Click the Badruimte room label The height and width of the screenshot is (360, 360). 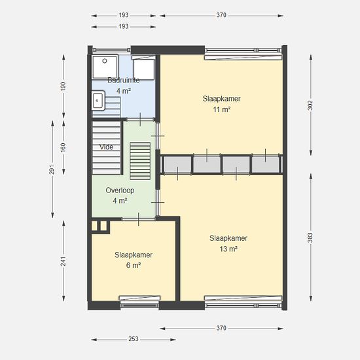(x=124, y=81)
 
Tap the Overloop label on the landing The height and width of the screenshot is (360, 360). (x=120, y=190)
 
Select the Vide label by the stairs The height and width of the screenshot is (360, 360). (x=106, y=147)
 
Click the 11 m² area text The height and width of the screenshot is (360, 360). (x=221, y=109)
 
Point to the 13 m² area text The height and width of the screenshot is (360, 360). (x=228, y=249)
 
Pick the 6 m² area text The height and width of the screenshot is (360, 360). (x=134, y=265)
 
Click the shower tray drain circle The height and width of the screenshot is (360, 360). (x=105, y=61)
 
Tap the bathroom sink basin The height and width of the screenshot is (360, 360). (x=98, y=101)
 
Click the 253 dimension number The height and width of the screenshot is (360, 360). (x=134, y=339)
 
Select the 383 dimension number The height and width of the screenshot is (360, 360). (x=310, y=238)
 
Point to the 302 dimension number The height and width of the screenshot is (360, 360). (x=310, y=105)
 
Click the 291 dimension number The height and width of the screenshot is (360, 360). (x=52, y=170)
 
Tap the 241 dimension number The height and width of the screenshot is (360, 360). (x=63, y=261)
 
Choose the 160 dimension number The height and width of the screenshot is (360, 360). (x=63, y=147)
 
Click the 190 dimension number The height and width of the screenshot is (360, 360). (x=63, y=86)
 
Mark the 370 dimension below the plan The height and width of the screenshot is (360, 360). (x=221, y=328)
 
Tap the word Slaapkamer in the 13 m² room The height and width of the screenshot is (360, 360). (x=228, y=238)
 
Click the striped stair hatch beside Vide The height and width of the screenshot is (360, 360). (x=140, y=161)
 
